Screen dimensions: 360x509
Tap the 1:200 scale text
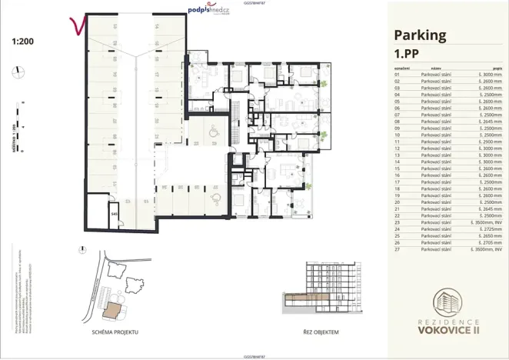coord(23,44)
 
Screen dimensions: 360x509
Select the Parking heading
coord(420,35)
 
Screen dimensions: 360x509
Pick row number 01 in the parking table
coord(398,74)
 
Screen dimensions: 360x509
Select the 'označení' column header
coord(401,68)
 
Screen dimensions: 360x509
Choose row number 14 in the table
coord(398,162)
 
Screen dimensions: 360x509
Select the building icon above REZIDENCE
coord(450,302)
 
